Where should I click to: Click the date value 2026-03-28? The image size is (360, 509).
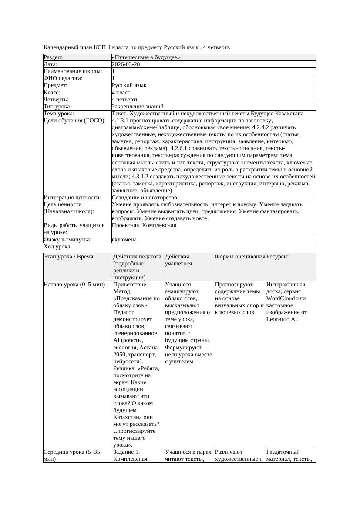click(x=126, y=64)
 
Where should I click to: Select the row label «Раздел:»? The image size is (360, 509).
click(x=53, y=57)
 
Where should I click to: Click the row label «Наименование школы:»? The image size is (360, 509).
click(x=73, y=71)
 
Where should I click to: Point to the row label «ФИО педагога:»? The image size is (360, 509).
click(x=63, y=78)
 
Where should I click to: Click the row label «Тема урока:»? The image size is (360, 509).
click(x=59, y=113)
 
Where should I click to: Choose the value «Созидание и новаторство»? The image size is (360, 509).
click(x=144, y=197)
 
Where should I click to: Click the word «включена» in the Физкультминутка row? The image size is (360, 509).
click(x=124, y=239)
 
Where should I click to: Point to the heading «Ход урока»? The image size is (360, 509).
click(x=57, y=247)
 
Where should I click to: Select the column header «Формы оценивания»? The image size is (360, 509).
click(x=239, y=257)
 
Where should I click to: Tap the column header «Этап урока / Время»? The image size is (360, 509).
click(x=68, y=257)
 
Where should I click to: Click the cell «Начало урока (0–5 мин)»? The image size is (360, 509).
click(x=74, y=285)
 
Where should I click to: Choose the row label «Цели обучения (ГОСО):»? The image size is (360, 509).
click(x=75, y=120)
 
